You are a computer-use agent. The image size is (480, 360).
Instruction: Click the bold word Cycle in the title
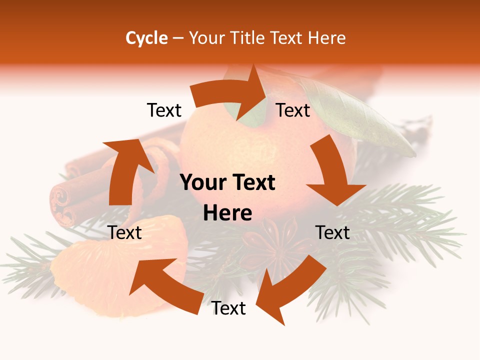coord(146,38)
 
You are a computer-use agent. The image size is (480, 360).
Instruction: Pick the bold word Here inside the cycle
coord(227,213)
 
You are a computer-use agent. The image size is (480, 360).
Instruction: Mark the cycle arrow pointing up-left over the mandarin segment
coord(165,285)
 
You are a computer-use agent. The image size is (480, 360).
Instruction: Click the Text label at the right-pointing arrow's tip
coord(293,110)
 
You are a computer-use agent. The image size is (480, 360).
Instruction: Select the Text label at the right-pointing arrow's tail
coord(164,110)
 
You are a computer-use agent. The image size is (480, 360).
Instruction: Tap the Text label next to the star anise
coord(332,232)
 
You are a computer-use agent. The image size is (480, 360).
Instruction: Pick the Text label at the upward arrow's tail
coord(125,232)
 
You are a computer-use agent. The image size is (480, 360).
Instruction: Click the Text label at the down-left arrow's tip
coord(228,308)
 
